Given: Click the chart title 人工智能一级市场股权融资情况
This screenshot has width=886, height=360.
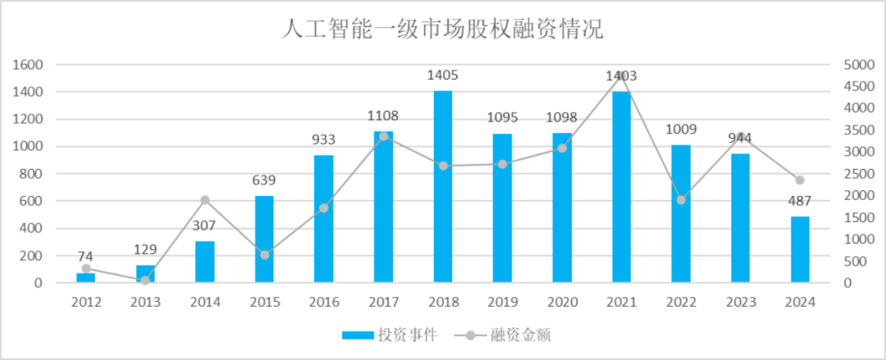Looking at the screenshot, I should coord(442,30).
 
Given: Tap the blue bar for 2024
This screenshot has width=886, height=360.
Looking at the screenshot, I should coord(800,249).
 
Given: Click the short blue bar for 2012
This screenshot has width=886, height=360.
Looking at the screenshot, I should coord(86,278).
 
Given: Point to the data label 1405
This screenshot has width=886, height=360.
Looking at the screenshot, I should coord(443,75).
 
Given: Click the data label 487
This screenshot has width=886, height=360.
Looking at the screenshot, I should coord(800,202).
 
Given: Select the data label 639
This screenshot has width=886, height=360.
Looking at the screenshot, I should coord(264,180).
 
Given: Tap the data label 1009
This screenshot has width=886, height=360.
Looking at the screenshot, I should coord(681,130).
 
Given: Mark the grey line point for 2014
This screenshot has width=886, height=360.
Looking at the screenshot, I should coord(205,200).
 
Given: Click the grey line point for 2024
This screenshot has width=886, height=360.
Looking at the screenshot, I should coord(800,180).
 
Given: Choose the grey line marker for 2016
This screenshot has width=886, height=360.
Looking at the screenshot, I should coord(324,208).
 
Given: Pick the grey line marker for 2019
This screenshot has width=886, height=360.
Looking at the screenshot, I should coord(502,164).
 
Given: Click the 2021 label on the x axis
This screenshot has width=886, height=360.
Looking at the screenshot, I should coord(621,302).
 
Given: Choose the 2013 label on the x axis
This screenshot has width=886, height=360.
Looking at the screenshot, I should coord(145,302).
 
